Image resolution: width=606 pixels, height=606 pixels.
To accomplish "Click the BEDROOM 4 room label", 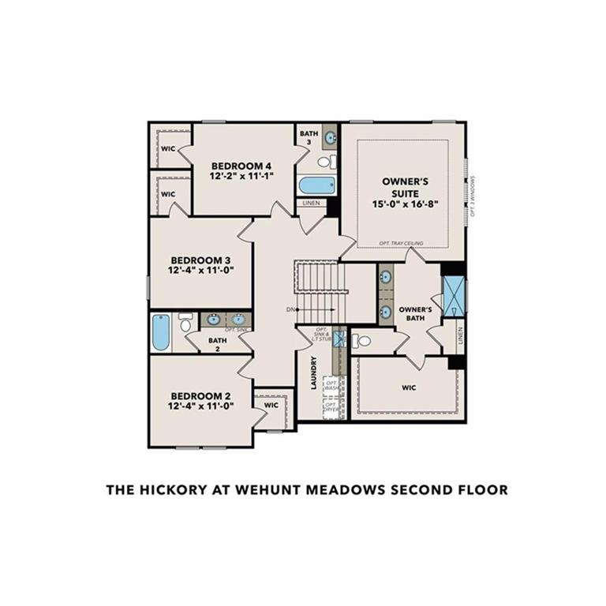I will (241, 166).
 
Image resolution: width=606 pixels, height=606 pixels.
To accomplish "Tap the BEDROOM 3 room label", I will (200, 259).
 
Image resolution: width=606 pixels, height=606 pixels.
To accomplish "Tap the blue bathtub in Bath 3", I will (317, 185).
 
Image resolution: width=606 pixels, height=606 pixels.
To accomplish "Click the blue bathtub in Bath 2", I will (161, 332).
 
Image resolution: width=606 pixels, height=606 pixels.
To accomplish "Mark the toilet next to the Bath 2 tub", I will (185, 322).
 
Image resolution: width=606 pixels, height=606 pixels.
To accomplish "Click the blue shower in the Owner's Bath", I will (454, 297).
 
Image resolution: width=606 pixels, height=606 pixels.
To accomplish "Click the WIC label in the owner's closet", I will (409, 387).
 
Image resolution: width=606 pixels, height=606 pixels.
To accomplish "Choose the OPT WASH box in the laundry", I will (331, 387).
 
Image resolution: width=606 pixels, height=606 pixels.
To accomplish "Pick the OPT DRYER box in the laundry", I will (331, 409).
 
